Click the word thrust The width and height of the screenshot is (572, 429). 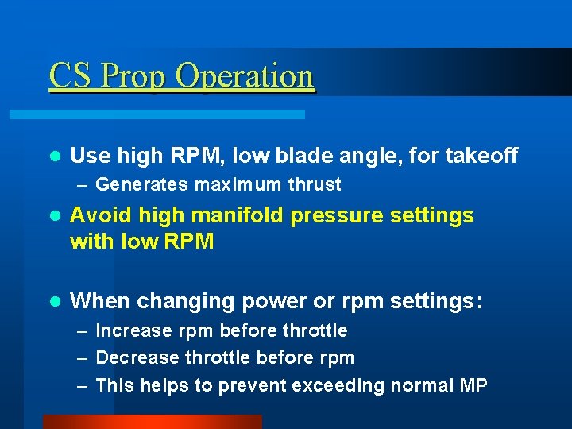[315, 185]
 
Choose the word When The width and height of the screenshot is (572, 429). [100, 301]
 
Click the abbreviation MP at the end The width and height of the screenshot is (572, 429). [473, 386]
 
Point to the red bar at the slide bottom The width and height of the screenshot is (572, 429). [152, 422]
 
